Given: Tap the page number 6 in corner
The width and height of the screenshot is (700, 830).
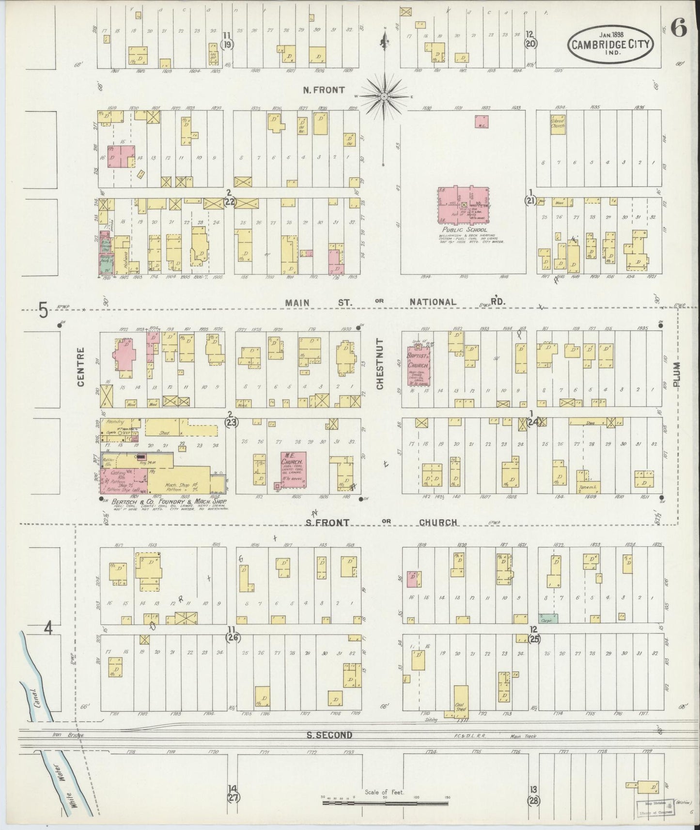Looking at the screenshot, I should (679, 30).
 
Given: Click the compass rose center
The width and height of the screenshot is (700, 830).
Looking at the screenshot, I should (384, 96).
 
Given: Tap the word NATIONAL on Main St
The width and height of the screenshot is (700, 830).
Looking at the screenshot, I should (433, 302).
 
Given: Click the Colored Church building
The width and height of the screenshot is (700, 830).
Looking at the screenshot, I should (558, 123).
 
